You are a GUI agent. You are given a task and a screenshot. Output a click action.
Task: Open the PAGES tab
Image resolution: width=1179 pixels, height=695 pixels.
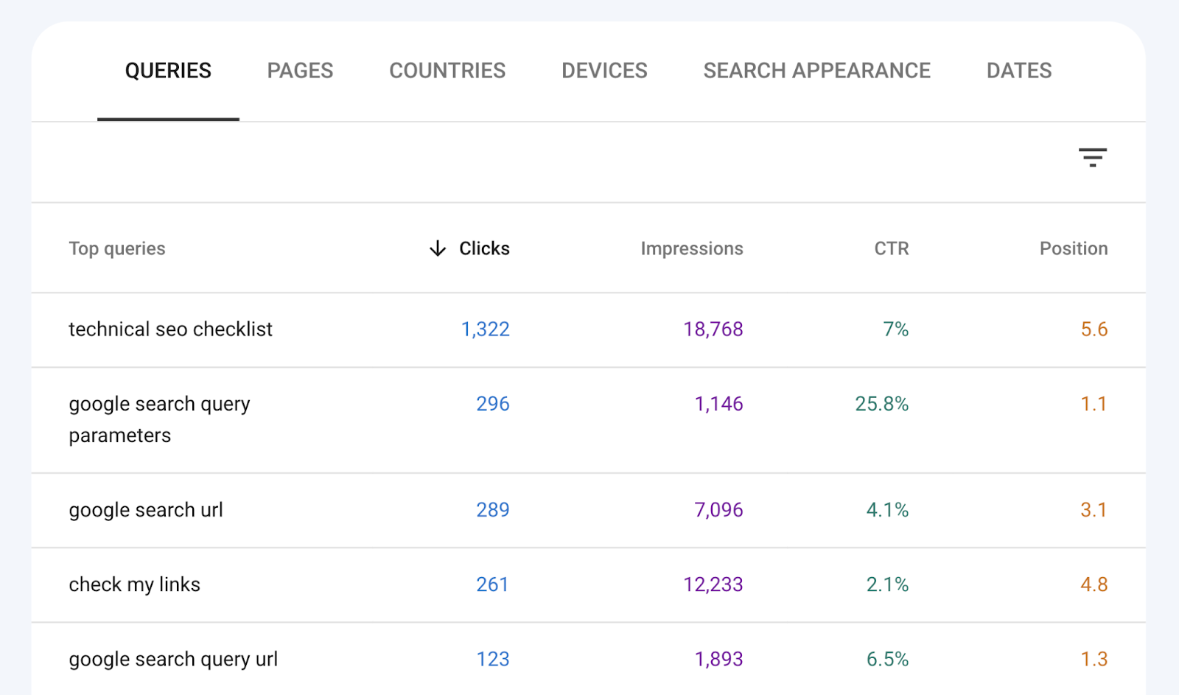click(300, 71)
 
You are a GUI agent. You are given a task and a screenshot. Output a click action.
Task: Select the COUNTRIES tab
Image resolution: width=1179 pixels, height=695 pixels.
click(447, 71)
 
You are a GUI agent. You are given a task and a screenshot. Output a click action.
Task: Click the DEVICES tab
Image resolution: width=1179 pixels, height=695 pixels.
click(604, 71)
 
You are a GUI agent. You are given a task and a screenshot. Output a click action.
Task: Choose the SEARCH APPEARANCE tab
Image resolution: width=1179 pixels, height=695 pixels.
click(816, 71)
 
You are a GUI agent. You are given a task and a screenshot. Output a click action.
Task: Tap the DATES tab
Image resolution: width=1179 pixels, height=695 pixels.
click(1019, 71)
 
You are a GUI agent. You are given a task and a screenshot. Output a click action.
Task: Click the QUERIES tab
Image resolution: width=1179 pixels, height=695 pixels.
click(168, 71)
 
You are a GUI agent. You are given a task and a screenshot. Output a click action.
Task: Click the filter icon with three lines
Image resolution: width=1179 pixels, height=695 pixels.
click(1092, 157)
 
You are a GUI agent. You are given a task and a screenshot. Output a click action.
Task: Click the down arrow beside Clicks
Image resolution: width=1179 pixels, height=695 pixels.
click(438, 248)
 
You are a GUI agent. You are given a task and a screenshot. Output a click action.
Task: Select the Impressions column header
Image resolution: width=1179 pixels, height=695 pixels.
click(691, 248)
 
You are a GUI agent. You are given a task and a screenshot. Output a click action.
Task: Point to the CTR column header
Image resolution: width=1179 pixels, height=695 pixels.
click(891, 248)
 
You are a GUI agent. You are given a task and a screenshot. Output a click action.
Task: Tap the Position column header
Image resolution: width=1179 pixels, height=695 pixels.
click(1073, 248)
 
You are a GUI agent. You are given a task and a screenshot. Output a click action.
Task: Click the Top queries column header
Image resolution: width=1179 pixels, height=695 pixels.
click(117, 248)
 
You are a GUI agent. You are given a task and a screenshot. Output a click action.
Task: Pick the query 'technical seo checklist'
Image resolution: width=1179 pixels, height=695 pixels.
click(170, 329)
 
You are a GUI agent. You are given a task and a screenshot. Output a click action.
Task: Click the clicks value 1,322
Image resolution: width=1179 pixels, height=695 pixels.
click(485, 329)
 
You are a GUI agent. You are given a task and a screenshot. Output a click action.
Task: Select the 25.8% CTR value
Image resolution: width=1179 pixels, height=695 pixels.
click(881, 404)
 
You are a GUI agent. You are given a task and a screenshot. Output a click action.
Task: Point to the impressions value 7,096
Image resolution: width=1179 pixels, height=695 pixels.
click(718, 510)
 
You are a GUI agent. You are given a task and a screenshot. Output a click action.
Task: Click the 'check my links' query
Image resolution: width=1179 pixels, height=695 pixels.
click(134, 584)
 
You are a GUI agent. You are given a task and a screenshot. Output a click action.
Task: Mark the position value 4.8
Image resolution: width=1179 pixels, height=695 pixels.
click(1094, 584)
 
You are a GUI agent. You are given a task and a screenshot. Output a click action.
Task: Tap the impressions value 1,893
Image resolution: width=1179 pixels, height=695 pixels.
click(718, 659)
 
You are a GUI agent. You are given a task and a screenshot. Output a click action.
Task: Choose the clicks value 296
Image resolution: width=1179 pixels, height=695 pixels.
click(492, 404)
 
